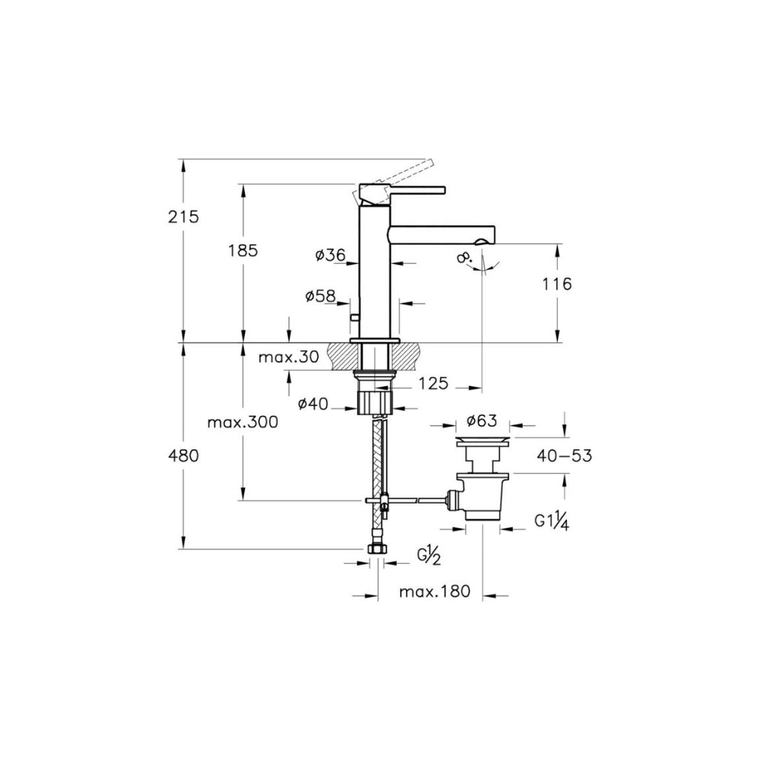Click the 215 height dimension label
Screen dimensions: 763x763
tap(183, 217)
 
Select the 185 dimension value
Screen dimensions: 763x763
tap(243, 250)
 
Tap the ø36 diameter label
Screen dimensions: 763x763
tap(330, 255)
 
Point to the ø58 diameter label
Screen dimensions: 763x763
tap(320, 295)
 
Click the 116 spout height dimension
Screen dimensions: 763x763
tap(557, 283)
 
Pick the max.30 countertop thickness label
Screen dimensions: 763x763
tap(288, 357)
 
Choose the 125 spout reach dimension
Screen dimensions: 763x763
tap(433, 383)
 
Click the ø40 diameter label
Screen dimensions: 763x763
tap(314, 404)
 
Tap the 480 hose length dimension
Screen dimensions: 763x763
tap(183, 456)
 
